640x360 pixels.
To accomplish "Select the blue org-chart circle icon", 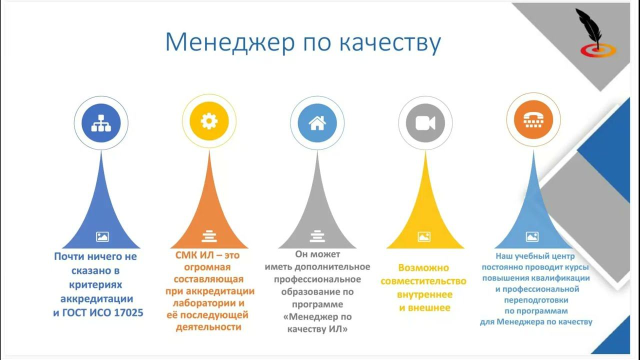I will coord(101,122).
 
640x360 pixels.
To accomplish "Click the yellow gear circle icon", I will coord(209,121).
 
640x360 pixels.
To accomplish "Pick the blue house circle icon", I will coord(317,122).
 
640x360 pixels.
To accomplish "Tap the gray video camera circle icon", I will coord(425,122).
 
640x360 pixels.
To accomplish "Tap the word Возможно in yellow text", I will coord(423,268).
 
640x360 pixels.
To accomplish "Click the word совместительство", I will coord(423,281).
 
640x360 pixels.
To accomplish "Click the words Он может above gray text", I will coord(317,254).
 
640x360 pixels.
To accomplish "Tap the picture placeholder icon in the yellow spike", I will coord(424,236).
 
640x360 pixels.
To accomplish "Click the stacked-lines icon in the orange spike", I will coord(209,236).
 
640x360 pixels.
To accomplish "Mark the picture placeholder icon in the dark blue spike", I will coord(102,236).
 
